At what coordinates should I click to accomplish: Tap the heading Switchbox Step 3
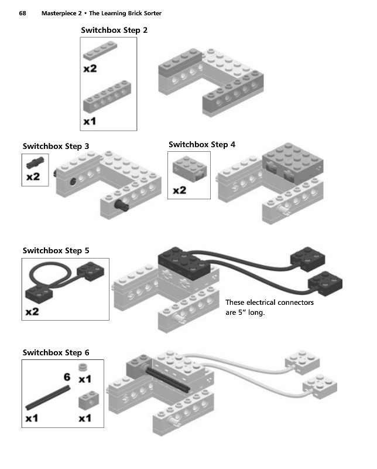(56, 146)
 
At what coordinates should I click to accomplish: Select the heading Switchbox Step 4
(202, 144)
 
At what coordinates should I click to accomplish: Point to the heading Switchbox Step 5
(56, 250)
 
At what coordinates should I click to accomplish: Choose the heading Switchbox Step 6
(56, 352)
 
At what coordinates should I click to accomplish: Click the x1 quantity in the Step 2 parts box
(90, 122)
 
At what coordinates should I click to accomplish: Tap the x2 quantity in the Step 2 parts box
(90, 69)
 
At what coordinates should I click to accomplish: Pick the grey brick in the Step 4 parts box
(188, 170)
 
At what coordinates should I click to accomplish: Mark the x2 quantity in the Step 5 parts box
(33, 312)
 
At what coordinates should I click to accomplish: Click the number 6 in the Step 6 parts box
(66, 377)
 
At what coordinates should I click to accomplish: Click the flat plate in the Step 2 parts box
(105, 52)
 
